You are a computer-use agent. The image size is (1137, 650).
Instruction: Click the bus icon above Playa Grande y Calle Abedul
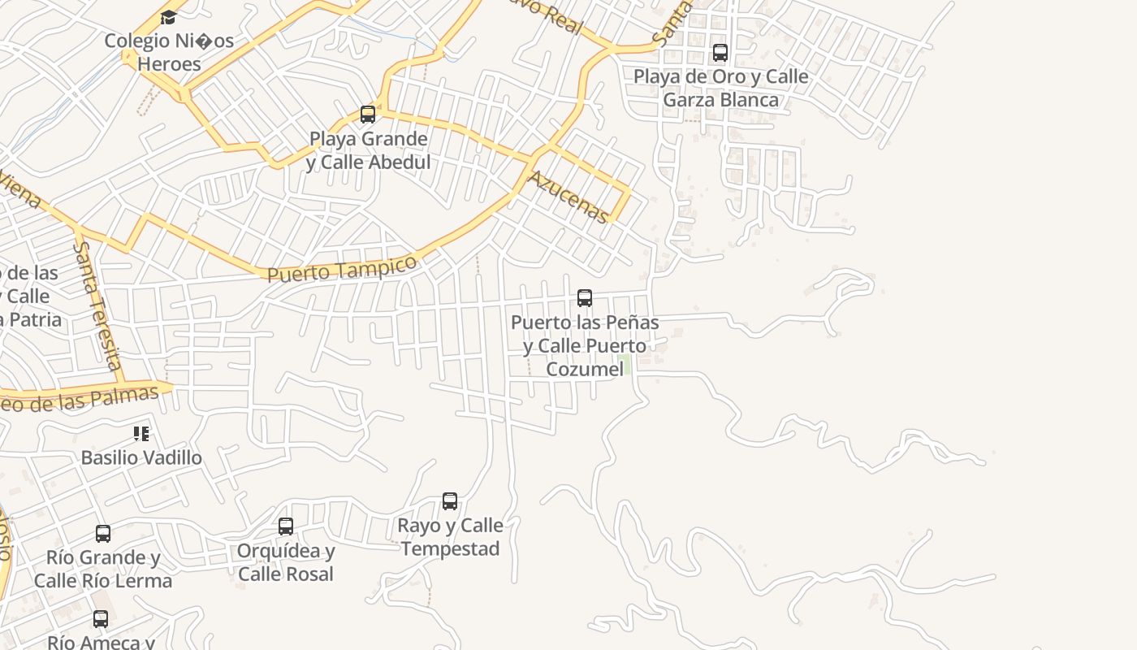pyautogui.click(x=368, y=115)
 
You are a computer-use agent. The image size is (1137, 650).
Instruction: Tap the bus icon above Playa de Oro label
pyautogui.click(x=720, y=53)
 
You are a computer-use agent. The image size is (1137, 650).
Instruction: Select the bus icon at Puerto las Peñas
pyautogui.click(x=584, y=298)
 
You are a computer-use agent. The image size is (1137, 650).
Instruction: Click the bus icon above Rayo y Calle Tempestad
pyautogui.click(x=450, y=501)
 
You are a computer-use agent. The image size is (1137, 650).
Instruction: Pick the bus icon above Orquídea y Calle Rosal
pyautogui.click(x=286, y=526)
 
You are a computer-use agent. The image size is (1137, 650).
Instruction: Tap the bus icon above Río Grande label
pyautogui.click(x=103, y=534)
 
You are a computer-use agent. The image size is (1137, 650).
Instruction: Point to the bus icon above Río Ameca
pyautogui.click(x=101, y=619)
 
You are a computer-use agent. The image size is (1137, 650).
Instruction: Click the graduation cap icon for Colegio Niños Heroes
pyautogui.click(x=168, y=17)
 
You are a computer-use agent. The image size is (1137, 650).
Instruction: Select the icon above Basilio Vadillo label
pyautogui.click(x=142, y=434)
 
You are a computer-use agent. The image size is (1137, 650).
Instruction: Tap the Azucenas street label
pyautogui.click(x=568, y=197)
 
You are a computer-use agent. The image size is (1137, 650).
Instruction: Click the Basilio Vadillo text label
pyautogui.click(x=141, y=457)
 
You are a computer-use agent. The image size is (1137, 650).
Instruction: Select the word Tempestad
pyautogui.click(x=450, y=548)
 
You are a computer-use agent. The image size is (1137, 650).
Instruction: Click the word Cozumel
pyautogui.click(x=585, y=369)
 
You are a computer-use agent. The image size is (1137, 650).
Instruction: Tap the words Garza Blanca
pyautogui.click(x=721, y=100)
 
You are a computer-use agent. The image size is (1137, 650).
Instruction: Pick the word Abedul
pyautogui.click(x=397, y=162)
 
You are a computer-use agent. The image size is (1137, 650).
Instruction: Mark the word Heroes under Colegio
pyautogui.click(x=169, y=63)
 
